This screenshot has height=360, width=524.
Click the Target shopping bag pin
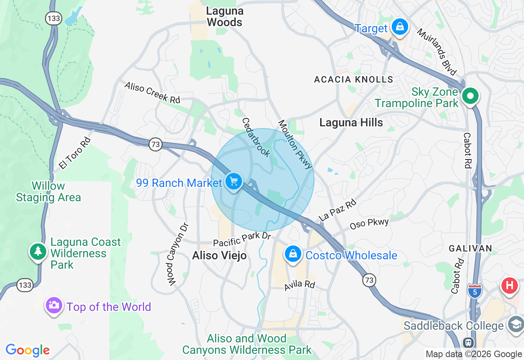pos(400,27)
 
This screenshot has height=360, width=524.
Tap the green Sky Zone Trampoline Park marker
pos(470,97)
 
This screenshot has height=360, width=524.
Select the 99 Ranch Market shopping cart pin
pos(234,181)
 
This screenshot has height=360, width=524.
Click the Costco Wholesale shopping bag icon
pos(293,254)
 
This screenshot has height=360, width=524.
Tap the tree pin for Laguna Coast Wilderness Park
pos(38,251)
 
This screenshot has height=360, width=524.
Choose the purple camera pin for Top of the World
pos(54,305)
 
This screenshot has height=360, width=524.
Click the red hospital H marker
pos(509,285)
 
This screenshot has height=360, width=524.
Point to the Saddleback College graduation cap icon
pos(515,324)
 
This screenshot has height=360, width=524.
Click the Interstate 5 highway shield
pos(474,290)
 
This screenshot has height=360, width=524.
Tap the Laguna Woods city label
pos(224,17)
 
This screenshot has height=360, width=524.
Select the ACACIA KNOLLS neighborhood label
pos(353,80)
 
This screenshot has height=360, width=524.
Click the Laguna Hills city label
pos(351,122)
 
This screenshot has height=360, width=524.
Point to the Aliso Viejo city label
pos(219,256)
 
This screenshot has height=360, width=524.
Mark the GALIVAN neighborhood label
pos(470,248)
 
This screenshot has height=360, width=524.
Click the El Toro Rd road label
pos(75,153)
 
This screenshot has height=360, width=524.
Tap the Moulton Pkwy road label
pos(295,144)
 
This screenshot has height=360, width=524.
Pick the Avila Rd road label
pos(300,285)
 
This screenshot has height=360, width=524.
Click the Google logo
pos(27,350)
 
